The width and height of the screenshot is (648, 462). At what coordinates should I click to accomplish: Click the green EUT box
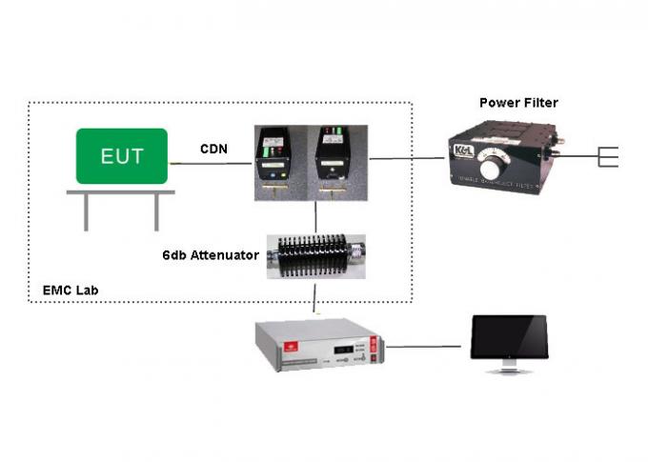coord(122,155)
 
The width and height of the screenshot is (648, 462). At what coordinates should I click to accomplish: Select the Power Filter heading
coord(518,103)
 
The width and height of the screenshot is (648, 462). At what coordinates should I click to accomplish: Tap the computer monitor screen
coord(509,334)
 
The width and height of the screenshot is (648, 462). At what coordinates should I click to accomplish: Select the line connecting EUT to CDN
coord(211,164)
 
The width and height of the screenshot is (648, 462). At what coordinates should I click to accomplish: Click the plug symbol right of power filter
coord(607,156)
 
